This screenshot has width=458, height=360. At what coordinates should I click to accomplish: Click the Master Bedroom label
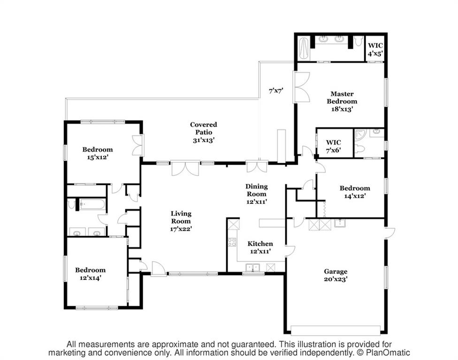click(342, 101)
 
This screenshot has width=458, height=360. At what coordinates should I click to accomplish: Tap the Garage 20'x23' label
click(336, 275)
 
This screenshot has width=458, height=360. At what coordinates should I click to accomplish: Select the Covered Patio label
click(204, 132)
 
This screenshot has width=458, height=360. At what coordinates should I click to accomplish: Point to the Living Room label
click(181, 221)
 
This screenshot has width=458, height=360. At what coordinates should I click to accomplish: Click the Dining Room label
click(257, 194)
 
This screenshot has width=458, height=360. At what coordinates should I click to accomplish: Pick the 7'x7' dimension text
click(276, 90)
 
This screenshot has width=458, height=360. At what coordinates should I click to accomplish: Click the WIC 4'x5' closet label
click(375, 49)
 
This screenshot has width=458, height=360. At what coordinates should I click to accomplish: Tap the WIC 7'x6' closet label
click(334, 146)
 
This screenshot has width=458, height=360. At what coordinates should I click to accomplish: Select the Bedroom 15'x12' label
click(98, 153)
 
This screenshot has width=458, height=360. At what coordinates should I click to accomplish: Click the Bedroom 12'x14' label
click(90, 274)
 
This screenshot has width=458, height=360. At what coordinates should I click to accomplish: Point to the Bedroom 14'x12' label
click(355, 192)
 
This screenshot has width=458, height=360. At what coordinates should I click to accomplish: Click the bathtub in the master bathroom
click(304, 48)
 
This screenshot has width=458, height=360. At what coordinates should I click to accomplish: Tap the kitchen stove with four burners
click(232, 242)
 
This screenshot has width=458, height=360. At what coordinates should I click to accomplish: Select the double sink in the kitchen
click(252, 268)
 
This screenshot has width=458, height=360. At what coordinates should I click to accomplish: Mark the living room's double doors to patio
click(185, 168)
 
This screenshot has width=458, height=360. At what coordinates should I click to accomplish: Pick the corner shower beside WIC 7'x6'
click(360, 135)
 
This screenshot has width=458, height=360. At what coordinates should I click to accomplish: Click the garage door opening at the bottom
click(336, 330)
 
